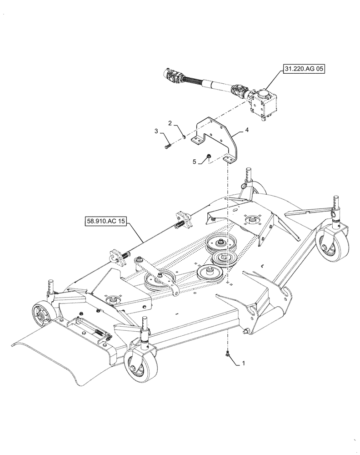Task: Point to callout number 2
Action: (x=170, y=123)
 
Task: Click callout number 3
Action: (x=156, y=132)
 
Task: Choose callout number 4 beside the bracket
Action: (x=247, y=130)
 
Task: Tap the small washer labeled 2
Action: (x=183, y=136)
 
